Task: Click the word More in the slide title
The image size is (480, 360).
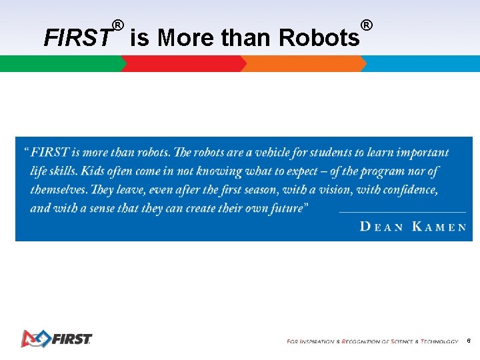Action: (x=186, y=38)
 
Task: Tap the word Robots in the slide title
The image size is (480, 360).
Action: (x=319, y=38)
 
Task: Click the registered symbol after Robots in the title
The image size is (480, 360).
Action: (x=366, y=26)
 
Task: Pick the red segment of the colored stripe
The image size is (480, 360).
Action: (x=183, y=64)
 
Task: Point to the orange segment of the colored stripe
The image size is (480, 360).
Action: (x=304, y=64)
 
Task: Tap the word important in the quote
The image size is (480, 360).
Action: (x=421, y=153)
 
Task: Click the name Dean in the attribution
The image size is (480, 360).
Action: (x=381, y=227)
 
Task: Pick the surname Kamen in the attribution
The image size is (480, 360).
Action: (x=439, y=227)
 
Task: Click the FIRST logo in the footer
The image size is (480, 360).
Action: (x=56, y=339)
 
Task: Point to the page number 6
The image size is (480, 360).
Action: (x=469, y=341)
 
